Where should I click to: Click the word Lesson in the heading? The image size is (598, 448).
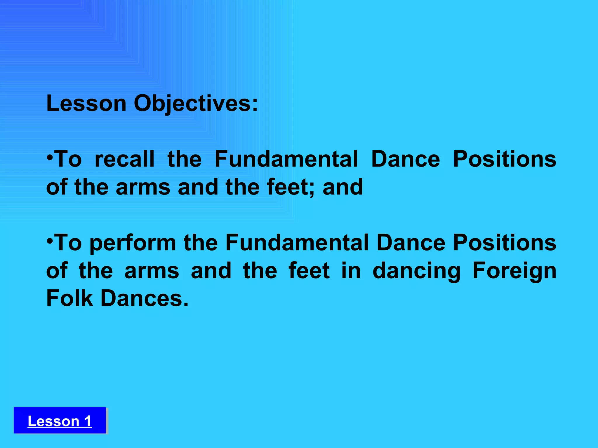pos(86,103)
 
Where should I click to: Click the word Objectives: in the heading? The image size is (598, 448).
pos(196,104)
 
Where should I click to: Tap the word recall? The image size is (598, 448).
pos(125,159)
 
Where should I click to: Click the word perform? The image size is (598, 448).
pos(133,243)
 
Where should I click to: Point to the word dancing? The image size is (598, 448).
pos(416,271)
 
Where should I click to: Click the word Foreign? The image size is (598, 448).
pos(514,271)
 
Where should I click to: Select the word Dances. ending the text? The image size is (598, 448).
pos(145,298)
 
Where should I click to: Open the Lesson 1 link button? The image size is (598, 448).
pos(60,421)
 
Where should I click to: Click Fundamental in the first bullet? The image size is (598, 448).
pos(286,159)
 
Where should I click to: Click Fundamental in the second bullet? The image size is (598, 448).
pos(297,243)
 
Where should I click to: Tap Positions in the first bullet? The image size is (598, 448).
pos(504,159)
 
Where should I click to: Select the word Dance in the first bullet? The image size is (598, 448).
pos(405,159)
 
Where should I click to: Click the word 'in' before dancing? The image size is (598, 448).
pos(351,271)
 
